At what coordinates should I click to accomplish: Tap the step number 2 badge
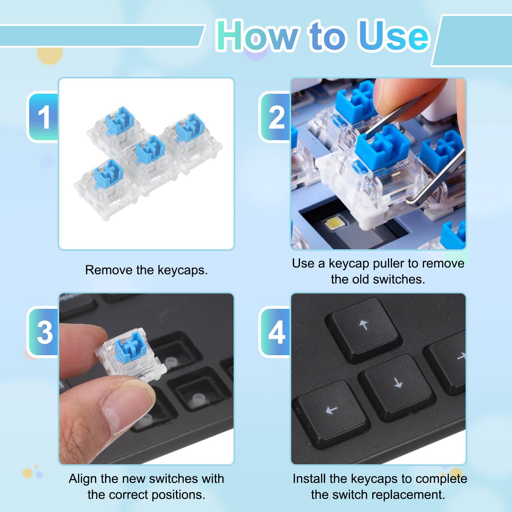276,117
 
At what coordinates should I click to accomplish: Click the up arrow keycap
364,328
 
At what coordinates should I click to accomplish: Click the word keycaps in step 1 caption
182,270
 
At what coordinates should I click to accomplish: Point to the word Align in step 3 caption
83,479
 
